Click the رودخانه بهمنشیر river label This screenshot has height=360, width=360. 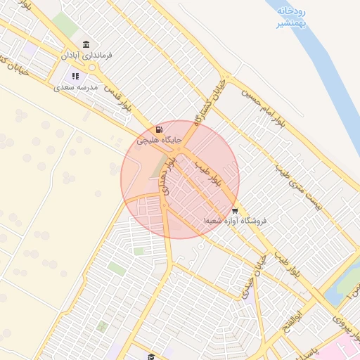290,17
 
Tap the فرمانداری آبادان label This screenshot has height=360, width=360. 86,55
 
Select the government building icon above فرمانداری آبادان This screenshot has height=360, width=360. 86,44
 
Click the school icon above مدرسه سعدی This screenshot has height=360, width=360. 75,77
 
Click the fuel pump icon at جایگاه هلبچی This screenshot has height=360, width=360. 158,129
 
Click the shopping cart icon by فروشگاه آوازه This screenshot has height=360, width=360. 234,210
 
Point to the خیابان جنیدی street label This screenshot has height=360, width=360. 250,288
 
